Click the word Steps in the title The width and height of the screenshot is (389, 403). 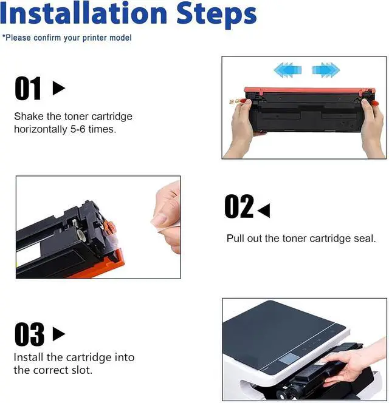pos(216,15)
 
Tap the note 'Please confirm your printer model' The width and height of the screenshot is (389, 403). pos(67,38)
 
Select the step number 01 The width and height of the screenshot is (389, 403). pos(28,88)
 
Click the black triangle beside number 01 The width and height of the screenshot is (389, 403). pos(59,88)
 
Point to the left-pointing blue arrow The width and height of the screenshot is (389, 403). pos(287,70)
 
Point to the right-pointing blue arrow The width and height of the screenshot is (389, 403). pos(326,70)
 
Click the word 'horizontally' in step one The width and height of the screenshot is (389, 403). pos(40,129)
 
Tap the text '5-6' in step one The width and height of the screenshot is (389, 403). pos(78,129)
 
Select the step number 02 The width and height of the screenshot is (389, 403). pos(239,206)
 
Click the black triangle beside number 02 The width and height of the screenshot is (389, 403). pos(264,211)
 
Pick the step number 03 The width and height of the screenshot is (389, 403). pos(29,334)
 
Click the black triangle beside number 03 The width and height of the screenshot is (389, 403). pos(59,334)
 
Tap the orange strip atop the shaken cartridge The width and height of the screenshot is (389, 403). pos(309,90)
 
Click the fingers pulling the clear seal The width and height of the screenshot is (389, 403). pos(167,217)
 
